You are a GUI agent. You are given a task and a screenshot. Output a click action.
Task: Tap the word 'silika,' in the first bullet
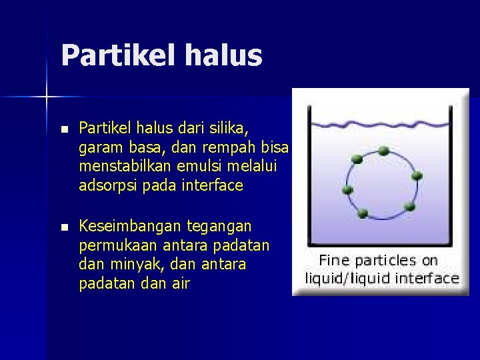pyautogui.click(x=229, y=127)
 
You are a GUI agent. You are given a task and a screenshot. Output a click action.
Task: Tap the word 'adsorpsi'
pyautogui.click(x=107, y=185)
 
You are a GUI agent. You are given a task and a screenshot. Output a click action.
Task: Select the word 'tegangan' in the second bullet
pyautogui.click(x=219, y=227)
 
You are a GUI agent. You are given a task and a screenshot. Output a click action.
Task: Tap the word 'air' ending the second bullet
pyautogui.click(x=180, y=284)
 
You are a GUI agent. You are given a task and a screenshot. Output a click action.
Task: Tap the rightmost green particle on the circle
pyautogui.click(x=418, y=177)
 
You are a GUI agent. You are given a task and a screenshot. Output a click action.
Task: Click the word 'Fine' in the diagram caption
pyautogui.click(x=335, y=260)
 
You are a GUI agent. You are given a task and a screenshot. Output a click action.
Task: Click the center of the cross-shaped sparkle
pyautogui.click(x=47, y=97)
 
